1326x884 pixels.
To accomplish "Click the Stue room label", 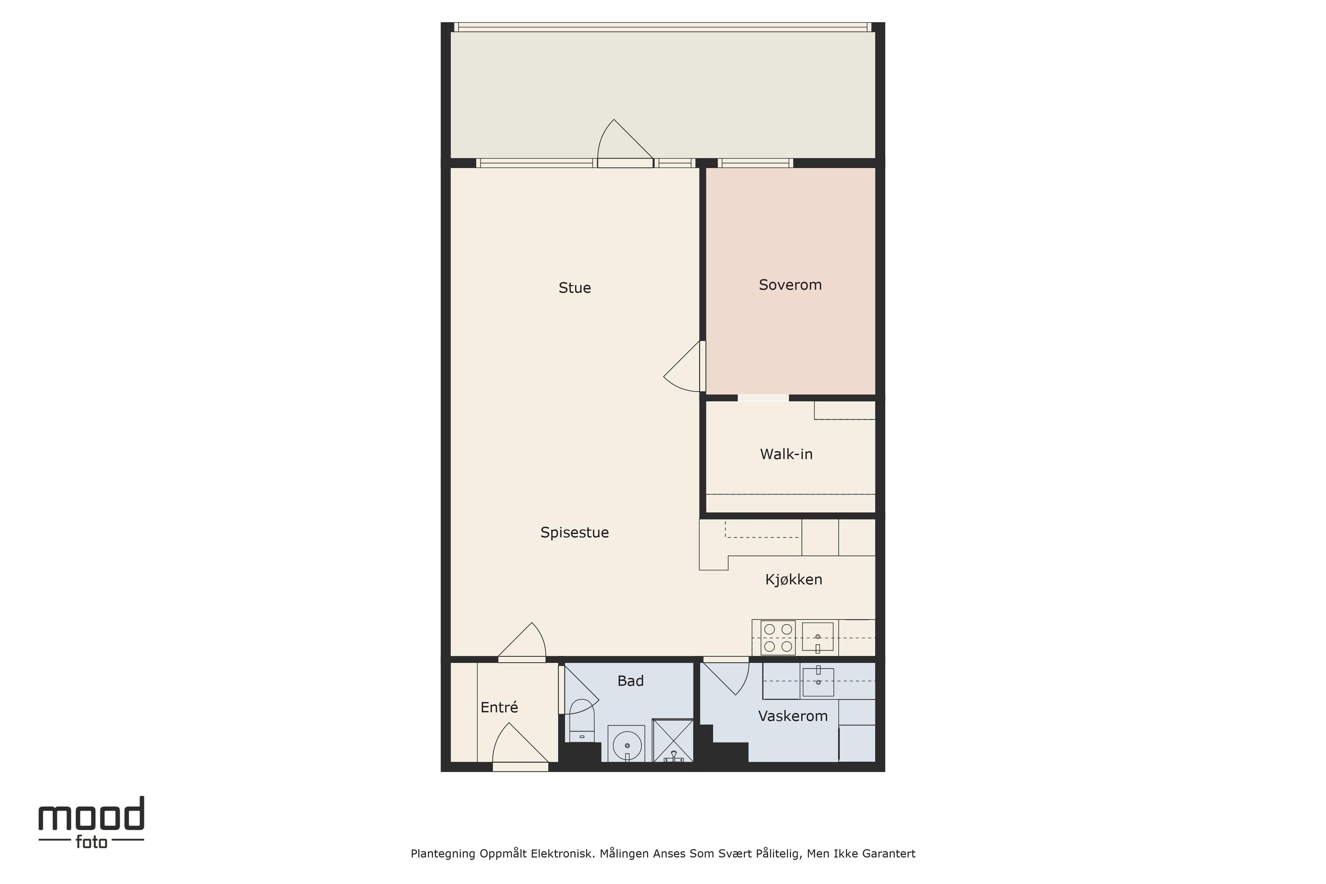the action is (x=575, y=288).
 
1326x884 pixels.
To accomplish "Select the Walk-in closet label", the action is (x=786, y=454).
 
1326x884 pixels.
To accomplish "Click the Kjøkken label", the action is (x=793, y=579).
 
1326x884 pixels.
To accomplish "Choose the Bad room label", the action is (x=630, y=681).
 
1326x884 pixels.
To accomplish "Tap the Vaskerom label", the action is (x=793, y=716).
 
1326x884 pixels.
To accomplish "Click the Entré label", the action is (x=499, y=707).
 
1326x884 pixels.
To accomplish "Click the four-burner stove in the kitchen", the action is (x=778, y=638).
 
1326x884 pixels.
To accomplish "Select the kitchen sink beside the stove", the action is (x=817, y=637).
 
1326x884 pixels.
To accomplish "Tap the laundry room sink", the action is (x=818, y=681).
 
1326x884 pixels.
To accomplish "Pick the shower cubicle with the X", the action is (x=673, y=740).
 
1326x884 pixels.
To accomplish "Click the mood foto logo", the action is (x=91, y=823).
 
